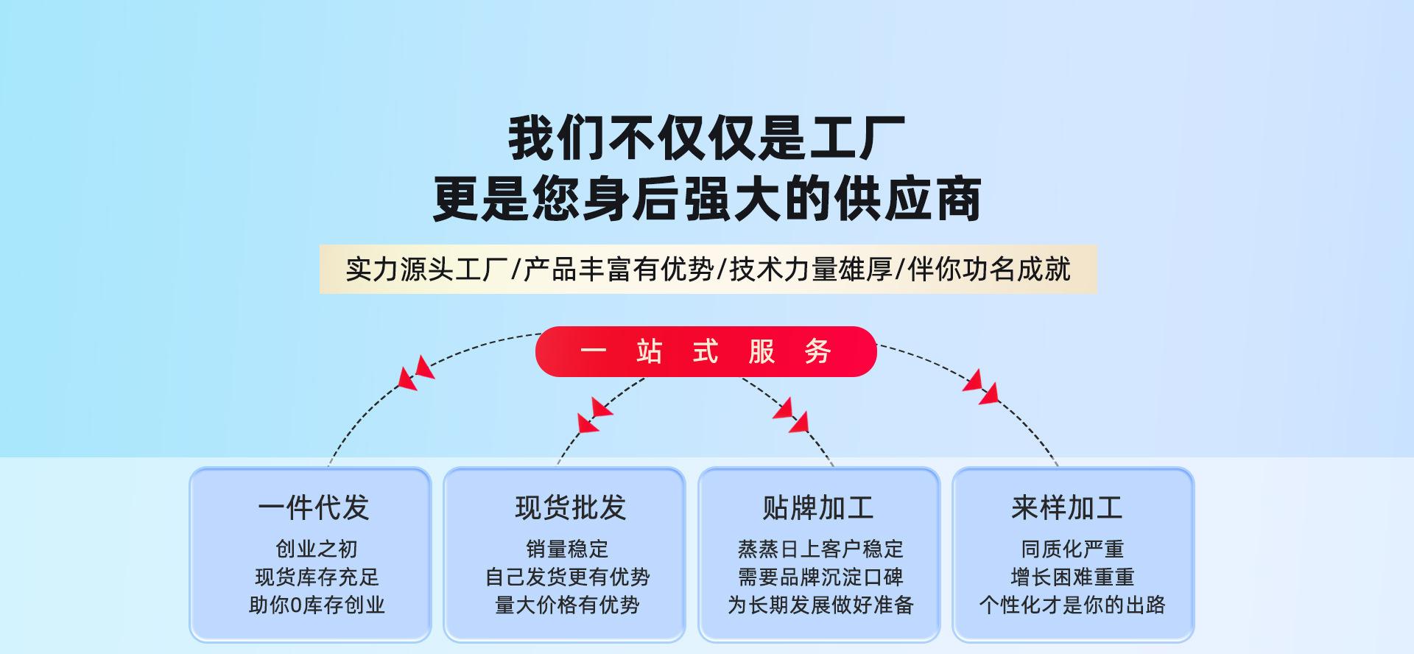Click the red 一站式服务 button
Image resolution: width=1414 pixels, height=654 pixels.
tap(706, 351)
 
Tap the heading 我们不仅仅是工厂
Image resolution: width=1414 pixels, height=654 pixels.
tap(706, 138)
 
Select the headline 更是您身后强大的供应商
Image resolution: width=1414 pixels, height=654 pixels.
tap(706, 198)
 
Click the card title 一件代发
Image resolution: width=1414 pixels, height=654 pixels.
tap(313, 507)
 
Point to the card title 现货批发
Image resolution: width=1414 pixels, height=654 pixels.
tap(570, 507)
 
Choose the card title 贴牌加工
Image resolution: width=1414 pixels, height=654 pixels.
tap(817, 507)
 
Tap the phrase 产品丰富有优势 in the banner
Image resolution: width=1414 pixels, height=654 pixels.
tap(619, 270)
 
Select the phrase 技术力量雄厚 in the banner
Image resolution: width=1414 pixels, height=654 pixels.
tap(811, 270)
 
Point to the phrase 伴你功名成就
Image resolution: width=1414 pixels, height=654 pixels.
tap(989, 270)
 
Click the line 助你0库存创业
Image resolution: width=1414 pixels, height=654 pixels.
tap(317, 605)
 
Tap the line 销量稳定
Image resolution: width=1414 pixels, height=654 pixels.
tap(567, 549)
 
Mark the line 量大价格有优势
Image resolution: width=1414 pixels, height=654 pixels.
tap(567, 605)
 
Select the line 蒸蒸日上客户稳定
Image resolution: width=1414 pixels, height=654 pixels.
tap(820, 549)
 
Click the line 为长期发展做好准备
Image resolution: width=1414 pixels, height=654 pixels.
tap(820, 605)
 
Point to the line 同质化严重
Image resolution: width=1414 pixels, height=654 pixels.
tap(1072, 549)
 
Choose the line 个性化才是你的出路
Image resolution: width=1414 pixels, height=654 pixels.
tap(1072, 605)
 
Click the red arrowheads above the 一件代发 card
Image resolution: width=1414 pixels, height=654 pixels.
tap(416, 373)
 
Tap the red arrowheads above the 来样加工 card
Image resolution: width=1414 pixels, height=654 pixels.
tap(981, 387)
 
